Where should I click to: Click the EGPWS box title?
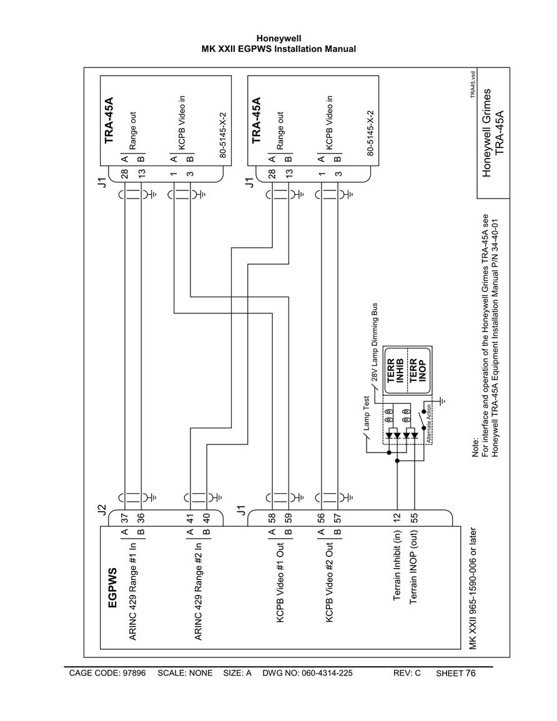click(x=112, y=587)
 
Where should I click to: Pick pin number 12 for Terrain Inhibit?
click(x=397, y=517)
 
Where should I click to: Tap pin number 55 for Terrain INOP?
click(x=414, y=517)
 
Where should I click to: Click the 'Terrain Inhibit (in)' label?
click(x=397, y=566)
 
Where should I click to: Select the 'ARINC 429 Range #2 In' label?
click(x=199, y=592)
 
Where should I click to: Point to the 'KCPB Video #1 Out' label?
click(x=280, y=583)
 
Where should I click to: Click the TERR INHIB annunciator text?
click(x=395, y=371)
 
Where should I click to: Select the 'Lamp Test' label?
click(x=367, y=413)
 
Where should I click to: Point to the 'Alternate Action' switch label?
click(x=428, y=423)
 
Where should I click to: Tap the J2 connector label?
click(x=102, y=509)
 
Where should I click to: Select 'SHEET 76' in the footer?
click(x=455, y=673)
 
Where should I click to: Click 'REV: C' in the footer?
click(x=407, y=673)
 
